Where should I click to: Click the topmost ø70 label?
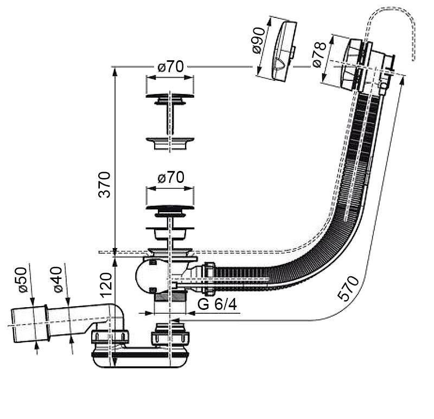pos(170,67)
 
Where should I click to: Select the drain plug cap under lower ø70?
pos(170,207)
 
